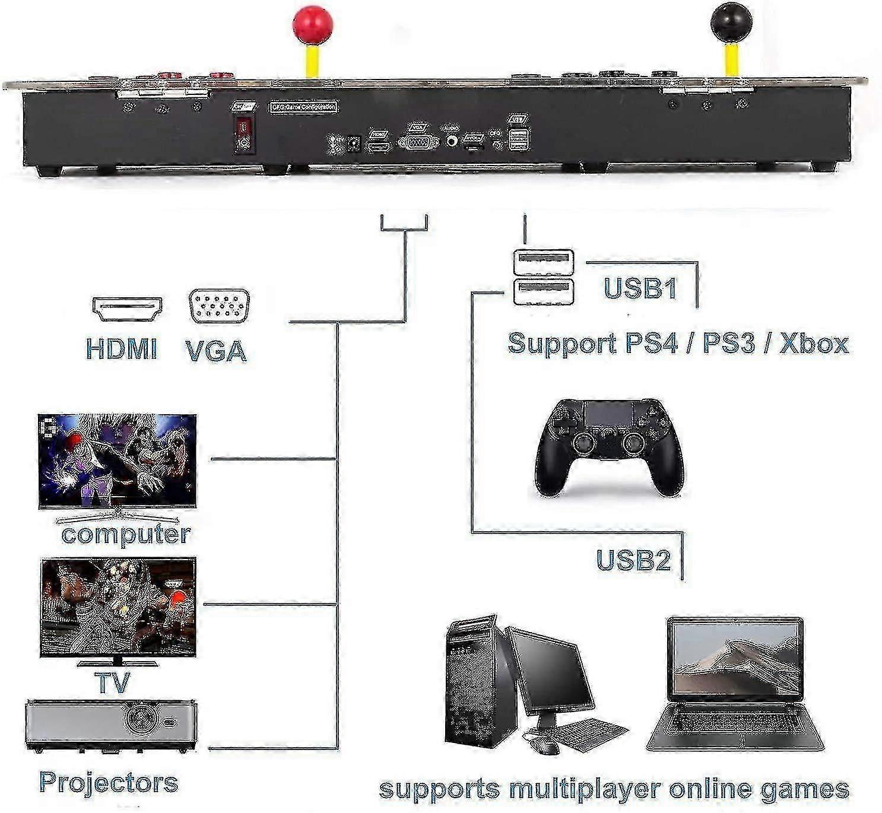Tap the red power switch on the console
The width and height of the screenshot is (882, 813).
click(243, 128)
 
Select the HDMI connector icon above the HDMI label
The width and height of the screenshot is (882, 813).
click(127, 309)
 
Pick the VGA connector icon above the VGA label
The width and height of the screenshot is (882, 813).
click(219, 306)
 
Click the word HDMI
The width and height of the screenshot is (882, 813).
click(122, 348)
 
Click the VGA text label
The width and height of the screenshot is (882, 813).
click(216, 350)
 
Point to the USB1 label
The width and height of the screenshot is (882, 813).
click(640, 288)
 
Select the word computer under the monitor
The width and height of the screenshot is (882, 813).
click(126, 534)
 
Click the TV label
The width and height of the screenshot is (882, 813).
click(112, 682)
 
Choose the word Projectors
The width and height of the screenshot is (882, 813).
click(109, 782)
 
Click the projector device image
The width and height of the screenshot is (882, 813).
click(112, 725)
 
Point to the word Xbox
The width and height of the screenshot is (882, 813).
click(814, 344)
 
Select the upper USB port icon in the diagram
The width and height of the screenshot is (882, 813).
click(544, 260)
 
